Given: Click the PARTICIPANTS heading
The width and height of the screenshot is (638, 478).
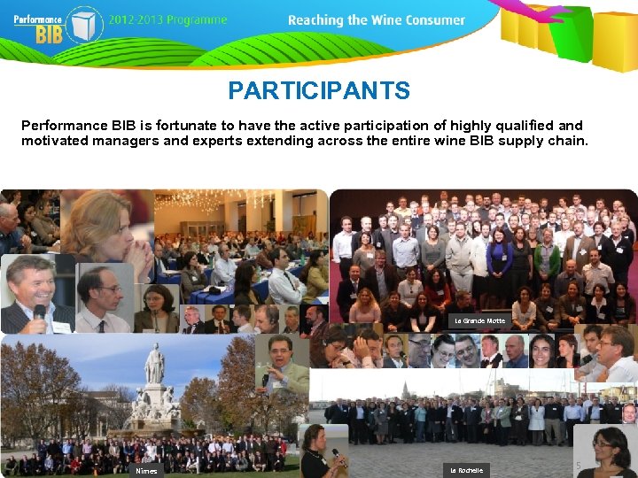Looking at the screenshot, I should (319, 90).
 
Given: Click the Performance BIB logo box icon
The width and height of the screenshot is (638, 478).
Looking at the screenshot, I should (85, 23).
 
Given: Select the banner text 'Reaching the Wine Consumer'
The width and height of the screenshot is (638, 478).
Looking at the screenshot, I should (377, 19).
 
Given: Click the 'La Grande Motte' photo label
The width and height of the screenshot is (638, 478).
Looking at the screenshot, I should (478, 320).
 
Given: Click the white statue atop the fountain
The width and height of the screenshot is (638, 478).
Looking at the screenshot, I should (155, 363).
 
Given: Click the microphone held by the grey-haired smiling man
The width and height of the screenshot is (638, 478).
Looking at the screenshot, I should (40, 312).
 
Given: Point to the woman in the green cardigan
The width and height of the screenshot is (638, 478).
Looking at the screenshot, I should (547, 258).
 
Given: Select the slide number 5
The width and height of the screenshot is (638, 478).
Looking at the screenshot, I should (579, 465).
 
